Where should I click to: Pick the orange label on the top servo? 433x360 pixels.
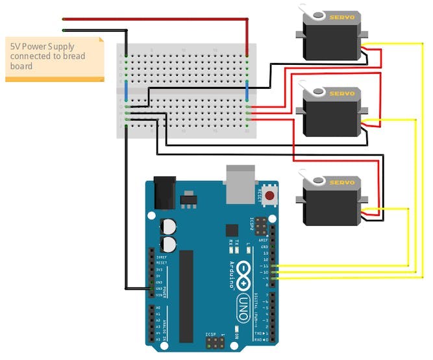(x=341, y=18)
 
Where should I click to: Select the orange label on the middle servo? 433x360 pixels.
(x=341, y=93)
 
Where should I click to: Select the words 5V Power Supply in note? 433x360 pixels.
(x=42, y=47)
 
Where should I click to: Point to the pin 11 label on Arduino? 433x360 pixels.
(x=265, y=267)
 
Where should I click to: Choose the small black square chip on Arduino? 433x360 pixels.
(x=232, y=230)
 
